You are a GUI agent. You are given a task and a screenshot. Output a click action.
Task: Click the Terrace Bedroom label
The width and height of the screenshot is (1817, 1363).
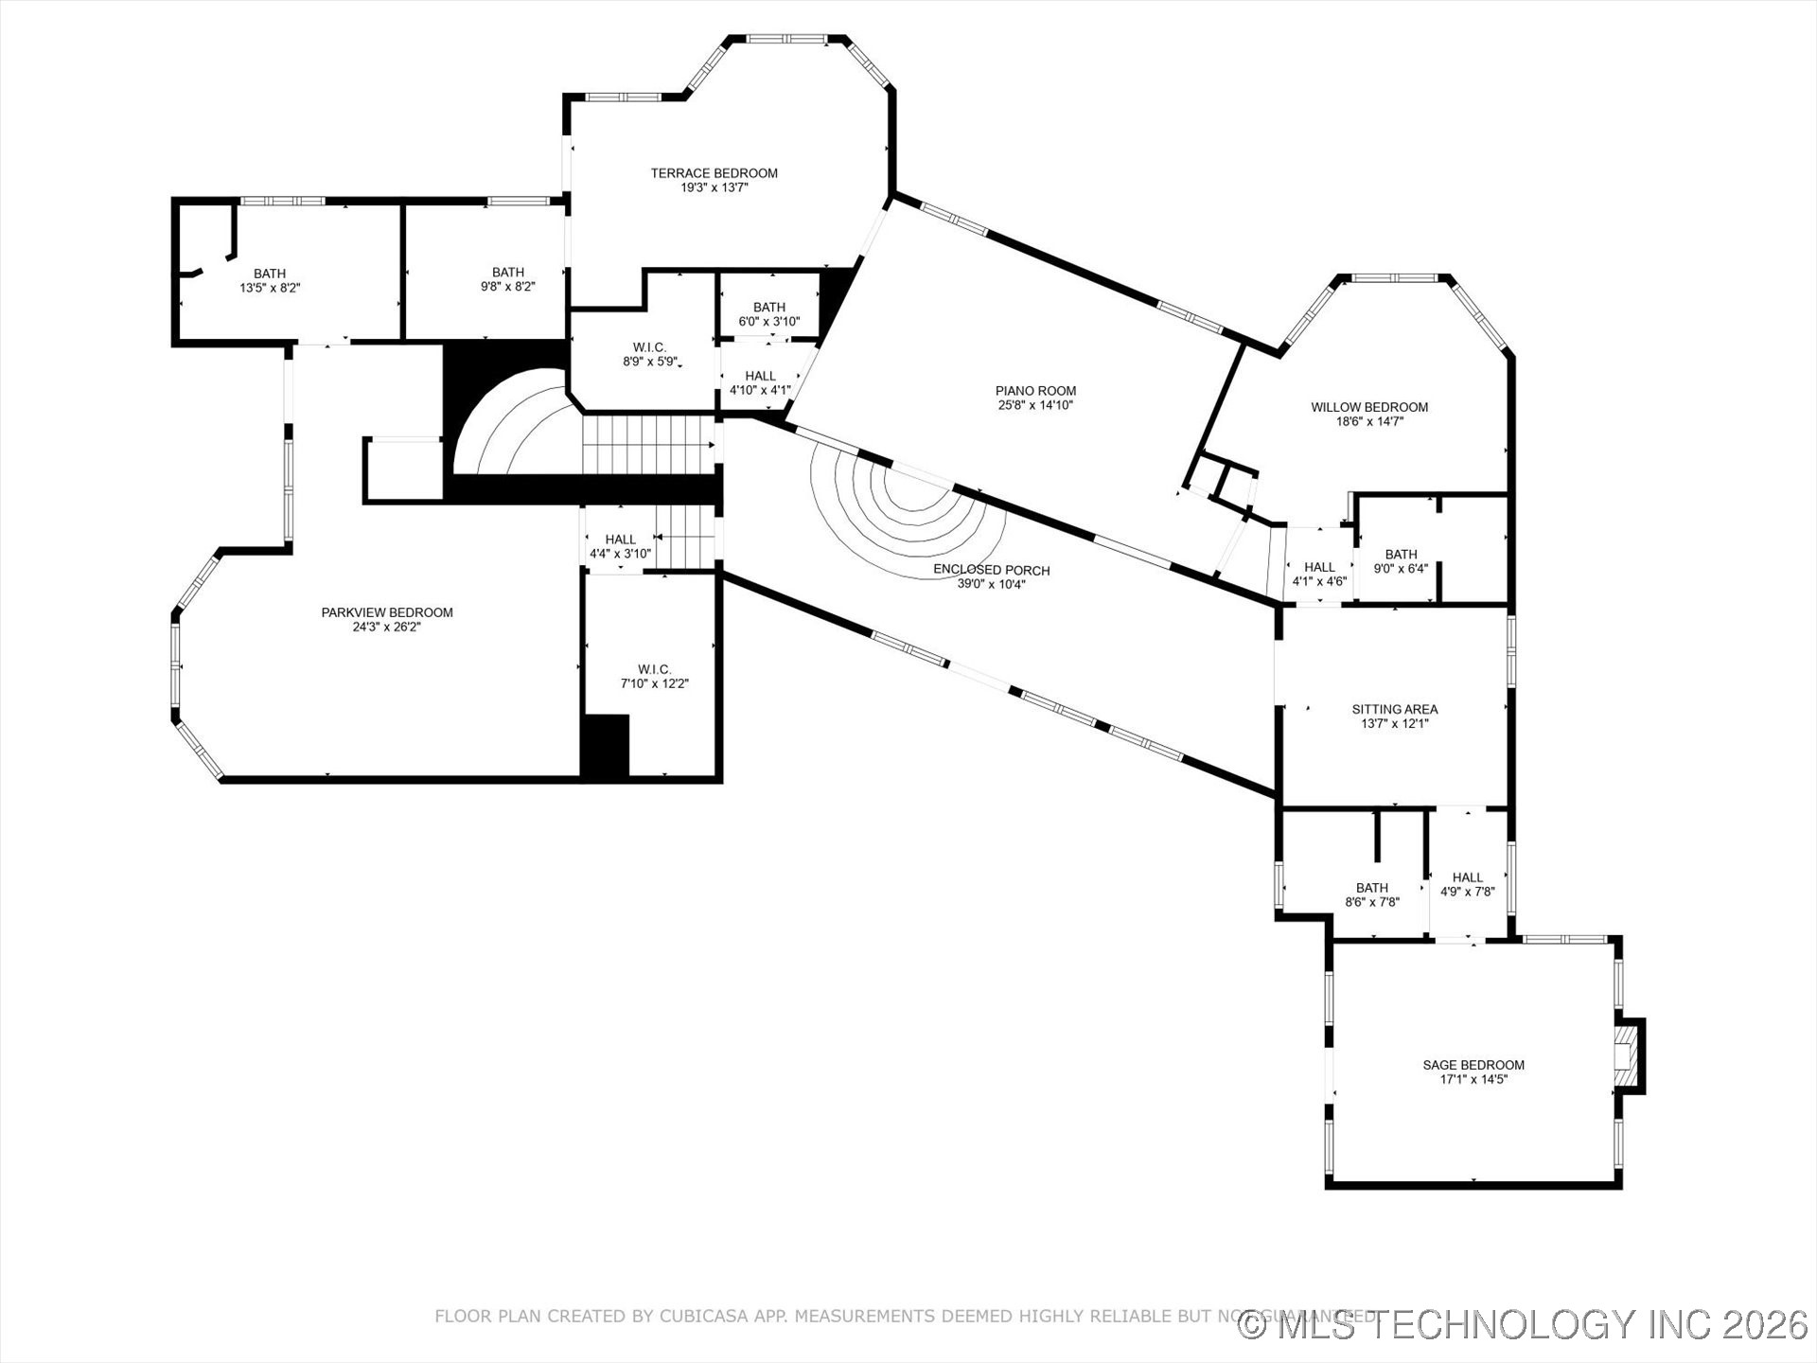[714, 173]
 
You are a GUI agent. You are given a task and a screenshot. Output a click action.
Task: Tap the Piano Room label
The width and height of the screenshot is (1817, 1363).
[1035, 391]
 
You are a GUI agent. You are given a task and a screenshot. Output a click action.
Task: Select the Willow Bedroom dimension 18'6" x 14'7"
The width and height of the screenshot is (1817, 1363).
[1369, 422]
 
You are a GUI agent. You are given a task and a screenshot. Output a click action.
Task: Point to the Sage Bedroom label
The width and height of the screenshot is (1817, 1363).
[1473, 1065]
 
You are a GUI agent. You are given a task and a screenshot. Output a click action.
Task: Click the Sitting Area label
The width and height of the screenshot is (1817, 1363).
[1394, 709]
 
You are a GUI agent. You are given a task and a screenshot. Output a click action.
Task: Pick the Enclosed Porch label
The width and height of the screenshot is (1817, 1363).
[991, 570]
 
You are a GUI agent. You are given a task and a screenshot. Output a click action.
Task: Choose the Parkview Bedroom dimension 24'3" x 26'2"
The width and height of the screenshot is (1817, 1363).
[386, 627]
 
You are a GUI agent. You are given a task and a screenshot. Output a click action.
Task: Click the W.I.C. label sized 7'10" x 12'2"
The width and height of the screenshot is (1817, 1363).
[654, 669]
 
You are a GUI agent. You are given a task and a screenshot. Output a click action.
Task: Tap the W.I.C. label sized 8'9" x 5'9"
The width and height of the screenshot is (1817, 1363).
[649, 347]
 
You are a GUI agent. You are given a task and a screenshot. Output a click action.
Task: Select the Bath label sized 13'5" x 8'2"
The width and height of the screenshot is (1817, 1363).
[270, 274]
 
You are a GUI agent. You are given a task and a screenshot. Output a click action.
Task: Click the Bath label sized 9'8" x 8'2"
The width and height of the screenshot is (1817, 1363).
[507, 273]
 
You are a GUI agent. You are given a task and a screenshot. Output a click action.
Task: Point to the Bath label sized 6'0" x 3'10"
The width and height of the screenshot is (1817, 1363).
[768, 308]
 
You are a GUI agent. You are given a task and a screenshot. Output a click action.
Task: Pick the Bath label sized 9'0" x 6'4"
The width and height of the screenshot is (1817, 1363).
[1401, 555]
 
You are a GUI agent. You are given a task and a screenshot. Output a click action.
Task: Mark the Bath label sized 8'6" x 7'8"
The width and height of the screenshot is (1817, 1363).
[1371, 888]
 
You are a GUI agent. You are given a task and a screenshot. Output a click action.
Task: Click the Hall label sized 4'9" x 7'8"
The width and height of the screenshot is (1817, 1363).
[1467, 877]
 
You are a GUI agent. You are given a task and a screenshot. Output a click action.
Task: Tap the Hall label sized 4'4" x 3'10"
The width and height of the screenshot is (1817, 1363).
[620, 540]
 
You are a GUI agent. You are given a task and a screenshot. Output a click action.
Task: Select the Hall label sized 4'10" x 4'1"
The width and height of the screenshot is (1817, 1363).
[760, 376]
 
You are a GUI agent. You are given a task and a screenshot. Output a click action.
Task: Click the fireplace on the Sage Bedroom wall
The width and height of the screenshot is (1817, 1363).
[1626, 1056]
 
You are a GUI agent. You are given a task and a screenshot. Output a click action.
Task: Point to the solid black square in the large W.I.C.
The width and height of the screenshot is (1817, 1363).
[606, 746]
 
